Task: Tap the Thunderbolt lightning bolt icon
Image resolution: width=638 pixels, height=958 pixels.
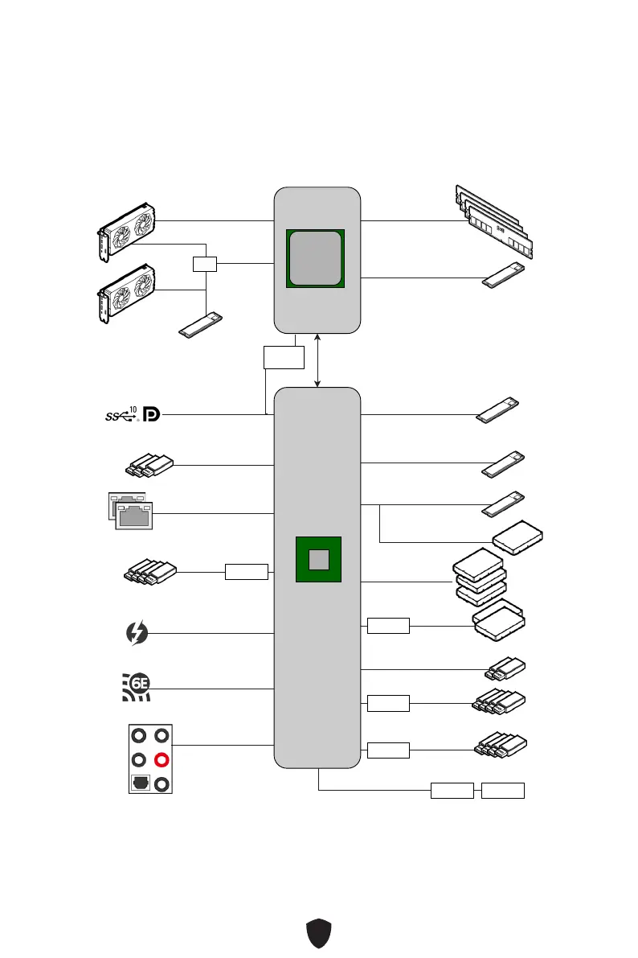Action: [137, 633]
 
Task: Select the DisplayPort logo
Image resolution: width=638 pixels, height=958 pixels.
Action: [151, 414]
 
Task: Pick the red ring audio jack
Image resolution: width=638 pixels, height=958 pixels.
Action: [163, 759]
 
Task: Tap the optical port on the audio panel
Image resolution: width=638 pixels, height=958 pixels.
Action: [139, 783]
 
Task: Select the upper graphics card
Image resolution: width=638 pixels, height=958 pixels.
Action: [126, 228]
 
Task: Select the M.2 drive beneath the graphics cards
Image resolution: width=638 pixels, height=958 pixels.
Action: [200, 325]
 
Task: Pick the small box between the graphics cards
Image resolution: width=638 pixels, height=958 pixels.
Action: [205, 264]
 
